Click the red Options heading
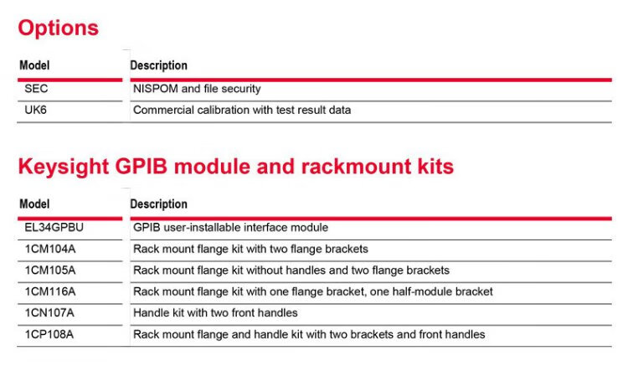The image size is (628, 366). pos(58,28)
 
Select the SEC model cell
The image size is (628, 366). pos(37,89)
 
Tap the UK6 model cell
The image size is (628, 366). pos(36,110)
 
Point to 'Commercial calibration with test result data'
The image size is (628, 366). pos(242,110)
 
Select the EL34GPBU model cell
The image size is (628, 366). pos(54,228)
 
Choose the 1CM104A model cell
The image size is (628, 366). pos(50,249)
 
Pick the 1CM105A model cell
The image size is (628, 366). pos(50,271)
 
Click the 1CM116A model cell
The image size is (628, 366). pos(50,291)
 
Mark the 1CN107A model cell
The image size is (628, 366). pos(50,313)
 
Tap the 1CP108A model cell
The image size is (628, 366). pos(50,334)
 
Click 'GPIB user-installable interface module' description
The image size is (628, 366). pos(230,228)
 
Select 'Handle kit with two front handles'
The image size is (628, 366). pos(215,313)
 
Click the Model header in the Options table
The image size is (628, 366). pos(34,65)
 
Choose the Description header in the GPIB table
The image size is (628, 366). pos(159,204)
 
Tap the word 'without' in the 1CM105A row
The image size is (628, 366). pos(267,271)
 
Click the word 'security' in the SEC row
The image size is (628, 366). pos(241,89)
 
